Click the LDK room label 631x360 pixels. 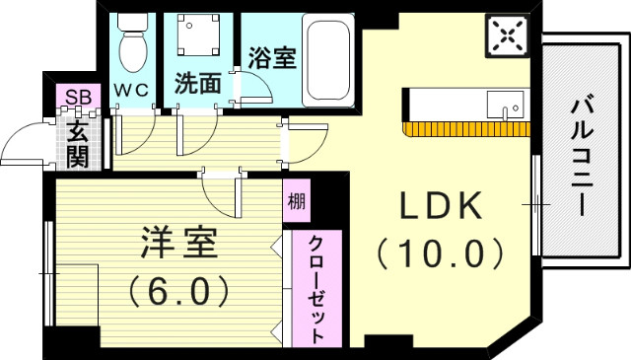(440, 206)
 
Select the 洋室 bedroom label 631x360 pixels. (175, 242)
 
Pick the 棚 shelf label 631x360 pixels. (296, 203)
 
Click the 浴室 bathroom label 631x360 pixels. (272, 57)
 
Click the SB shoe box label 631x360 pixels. (75, 97)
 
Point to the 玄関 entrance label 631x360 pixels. (77, 140)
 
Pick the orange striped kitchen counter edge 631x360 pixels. (467, 129)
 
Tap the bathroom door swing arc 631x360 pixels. (254, 87)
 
